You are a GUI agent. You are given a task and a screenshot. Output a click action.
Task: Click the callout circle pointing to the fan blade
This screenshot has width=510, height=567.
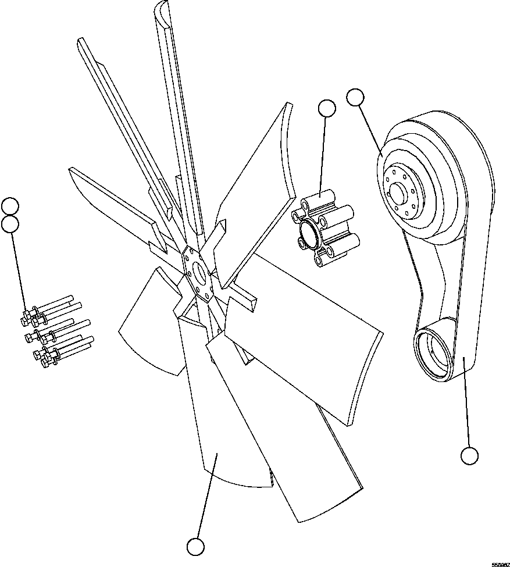(195, 547)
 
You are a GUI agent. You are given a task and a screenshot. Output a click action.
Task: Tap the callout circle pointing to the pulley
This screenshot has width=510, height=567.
(355, 97)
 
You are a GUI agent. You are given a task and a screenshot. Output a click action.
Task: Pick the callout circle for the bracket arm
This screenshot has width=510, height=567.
(469, 455)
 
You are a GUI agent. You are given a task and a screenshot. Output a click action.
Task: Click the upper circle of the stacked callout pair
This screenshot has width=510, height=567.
(10, 205)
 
